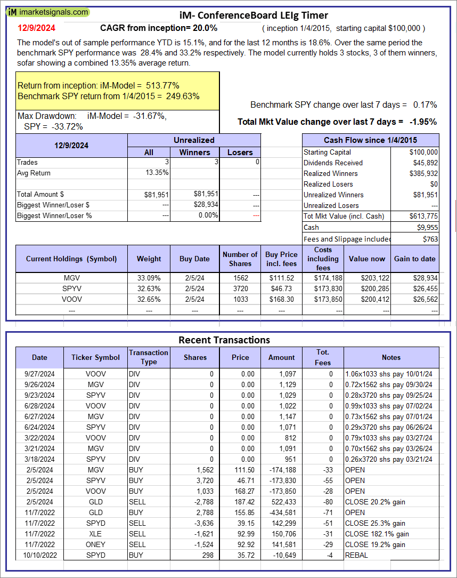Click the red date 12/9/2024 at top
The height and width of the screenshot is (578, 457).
click(36, 28)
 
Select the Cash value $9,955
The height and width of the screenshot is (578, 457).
click(427, 227)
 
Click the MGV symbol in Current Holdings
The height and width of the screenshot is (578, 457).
click(71, 278)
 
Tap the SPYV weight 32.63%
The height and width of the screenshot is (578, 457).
click(149, 289)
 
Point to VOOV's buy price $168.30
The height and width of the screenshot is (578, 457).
click(281, 300)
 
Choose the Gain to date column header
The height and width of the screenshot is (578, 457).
click(415, 259)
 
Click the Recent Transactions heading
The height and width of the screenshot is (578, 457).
click(224, 340)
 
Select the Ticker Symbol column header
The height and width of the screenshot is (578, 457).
click(96, 358)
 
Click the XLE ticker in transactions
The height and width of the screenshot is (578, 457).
click(96, 534)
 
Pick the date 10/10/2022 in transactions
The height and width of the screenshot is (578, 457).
click(39, 555)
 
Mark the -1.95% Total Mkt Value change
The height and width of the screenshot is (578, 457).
click(423, 122)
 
